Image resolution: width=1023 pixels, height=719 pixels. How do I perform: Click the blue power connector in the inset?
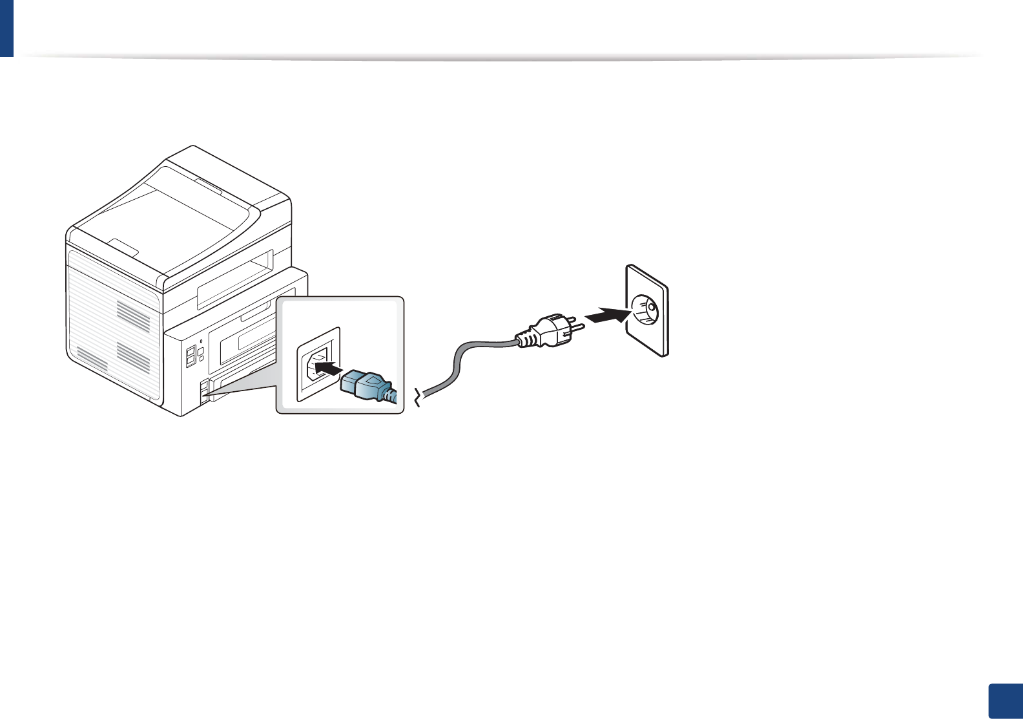point(364,385)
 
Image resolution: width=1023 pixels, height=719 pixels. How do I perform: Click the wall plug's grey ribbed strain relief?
point(526,338)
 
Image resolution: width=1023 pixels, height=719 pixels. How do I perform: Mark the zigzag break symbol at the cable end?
point(420,398)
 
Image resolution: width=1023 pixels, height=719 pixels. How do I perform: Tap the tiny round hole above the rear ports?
point(201,340)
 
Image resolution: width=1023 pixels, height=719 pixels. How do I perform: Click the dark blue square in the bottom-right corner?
point(1006,702)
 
